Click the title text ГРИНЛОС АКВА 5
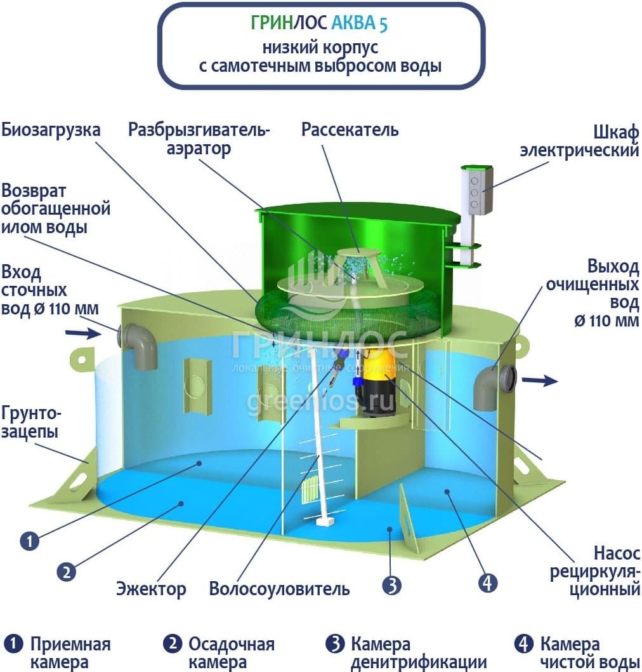[319, 23]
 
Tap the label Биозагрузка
[51, 130]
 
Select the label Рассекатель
[350, 130]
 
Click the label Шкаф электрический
[579, 142]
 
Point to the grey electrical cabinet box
[477, 190]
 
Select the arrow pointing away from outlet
[540, 380]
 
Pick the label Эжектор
[151, 589]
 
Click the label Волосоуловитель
[279, 589]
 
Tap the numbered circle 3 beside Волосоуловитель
[392, 585]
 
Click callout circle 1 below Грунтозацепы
[30, 541]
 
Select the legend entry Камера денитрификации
[406, 653]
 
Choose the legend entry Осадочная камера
[219, 653]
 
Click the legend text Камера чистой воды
[578, 653]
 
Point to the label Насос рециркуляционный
[595, 571]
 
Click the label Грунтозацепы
[31, 422]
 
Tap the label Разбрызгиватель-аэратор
[199, 139]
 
